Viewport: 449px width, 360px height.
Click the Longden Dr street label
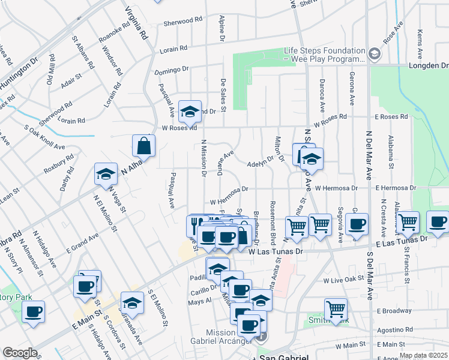[x=428, y=65]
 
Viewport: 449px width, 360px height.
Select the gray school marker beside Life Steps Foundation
[x=375, y=55]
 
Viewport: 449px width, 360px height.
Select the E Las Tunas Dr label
[x=400, y=241]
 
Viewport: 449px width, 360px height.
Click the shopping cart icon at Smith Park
[x=336, y=309]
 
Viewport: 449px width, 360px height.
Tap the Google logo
[x=20, y=352]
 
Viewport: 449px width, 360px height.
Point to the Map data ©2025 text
[x=423, y=355]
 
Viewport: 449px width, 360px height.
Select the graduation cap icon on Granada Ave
[x=132, y=302]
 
